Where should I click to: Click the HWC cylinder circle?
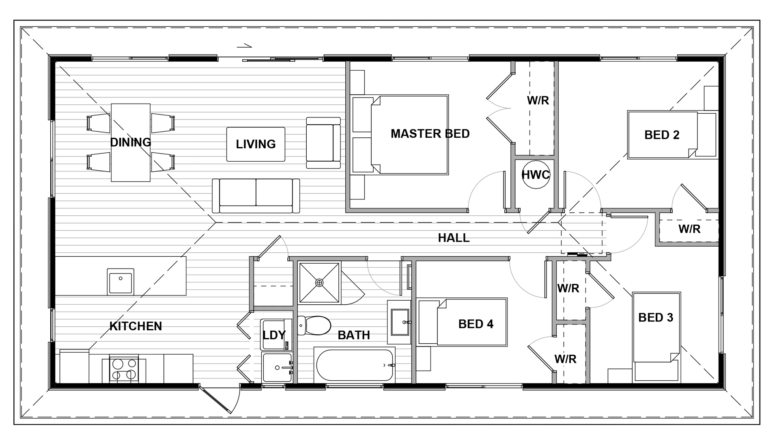click(x=535, y=175)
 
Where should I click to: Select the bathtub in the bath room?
click(x=355, y=365)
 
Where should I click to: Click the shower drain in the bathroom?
click(x=319, y=282)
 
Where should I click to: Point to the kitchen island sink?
click(x=121, y=281)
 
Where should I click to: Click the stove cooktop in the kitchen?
click(x=124, y=370)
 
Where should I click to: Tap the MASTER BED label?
click(x=430, y=134)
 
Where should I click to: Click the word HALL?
click(x=454, y=238)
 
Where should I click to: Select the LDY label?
click(x=274, y=335)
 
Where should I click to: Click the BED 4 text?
click(x=476, y=324)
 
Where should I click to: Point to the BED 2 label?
click(x=662, y=135)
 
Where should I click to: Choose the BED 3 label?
click(x=656, y=317)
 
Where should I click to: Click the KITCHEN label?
click(x=136, y=326)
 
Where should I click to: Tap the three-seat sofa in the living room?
click(x=256, y=196)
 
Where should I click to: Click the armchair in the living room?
click(x=323, y=143)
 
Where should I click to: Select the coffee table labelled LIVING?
click(x=256, y=144)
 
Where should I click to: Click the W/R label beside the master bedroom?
click(x=538, y=100)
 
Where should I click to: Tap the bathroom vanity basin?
click(x=399, y=322)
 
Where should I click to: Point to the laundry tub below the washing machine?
click(x=277, y=367)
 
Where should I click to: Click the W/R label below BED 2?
click(x=689, y=229)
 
